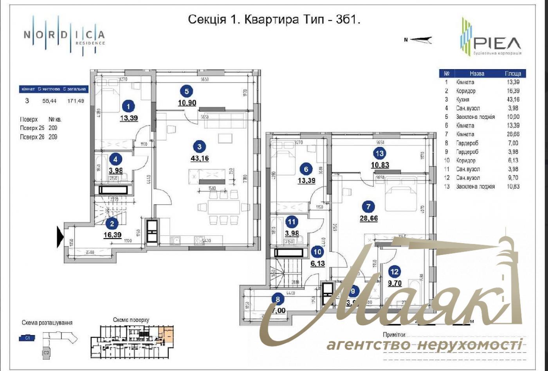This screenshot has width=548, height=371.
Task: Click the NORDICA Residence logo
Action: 64,36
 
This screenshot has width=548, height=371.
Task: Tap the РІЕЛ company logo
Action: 491,38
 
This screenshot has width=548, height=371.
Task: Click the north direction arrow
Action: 418,39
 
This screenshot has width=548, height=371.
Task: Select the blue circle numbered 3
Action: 200,147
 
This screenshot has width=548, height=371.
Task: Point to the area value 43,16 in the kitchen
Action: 200,158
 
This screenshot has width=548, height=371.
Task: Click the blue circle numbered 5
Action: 186,91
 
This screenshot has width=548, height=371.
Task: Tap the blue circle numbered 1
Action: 128,105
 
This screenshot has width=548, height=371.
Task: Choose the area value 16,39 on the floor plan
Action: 112,235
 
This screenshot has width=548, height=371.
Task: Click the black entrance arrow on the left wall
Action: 60,237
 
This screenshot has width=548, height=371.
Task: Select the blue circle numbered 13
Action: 379,154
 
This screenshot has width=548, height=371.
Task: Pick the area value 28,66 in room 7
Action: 368,218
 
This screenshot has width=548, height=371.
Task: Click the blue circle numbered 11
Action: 291,222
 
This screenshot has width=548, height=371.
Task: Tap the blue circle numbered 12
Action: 394,271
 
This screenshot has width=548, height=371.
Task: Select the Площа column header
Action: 512,73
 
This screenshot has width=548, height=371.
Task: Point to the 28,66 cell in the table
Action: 513,134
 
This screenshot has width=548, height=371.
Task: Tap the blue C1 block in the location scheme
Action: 27,338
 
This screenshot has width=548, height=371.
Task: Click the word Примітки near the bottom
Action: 394,335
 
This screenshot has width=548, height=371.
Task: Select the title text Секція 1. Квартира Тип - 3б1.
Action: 274,19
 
